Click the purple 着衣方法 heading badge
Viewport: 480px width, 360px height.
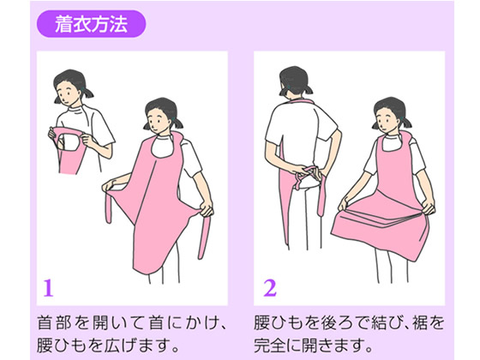tap(91, 24)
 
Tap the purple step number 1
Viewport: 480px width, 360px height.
tap(48, 287)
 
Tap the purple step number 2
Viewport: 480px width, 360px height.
tap(270, 287)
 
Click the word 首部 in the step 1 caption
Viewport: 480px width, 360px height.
tap(54, 323)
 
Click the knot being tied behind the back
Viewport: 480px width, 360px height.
tap(306, 173)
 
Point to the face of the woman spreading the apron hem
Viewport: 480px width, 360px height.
tap(387, 120)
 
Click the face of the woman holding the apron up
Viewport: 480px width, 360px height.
tap(67, 93)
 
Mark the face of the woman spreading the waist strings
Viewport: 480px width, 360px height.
tap(159, 121)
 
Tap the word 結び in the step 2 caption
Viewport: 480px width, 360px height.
tap(381, 323)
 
